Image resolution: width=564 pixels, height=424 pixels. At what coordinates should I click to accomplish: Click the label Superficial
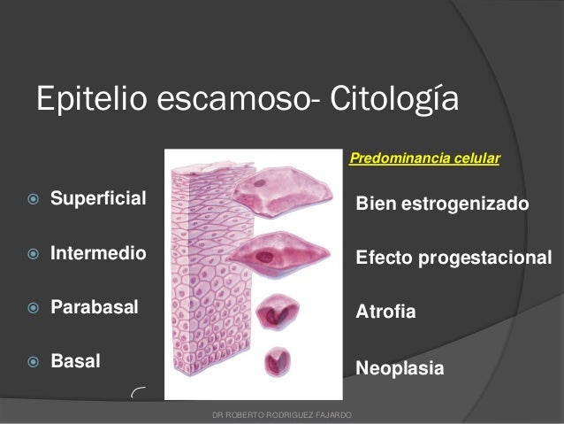[98, 194]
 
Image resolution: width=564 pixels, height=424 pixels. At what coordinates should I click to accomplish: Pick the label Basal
[76, 362]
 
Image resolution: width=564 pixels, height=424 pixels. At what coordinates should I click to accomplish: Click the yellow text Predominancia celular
[425, 158]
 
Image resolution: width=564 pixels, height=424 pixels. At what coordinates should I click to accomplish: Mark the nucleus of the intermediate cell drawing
[264, 258]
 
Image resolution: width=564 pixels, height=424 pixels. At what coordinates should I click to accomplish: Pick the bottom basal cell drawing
[281, 362]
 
